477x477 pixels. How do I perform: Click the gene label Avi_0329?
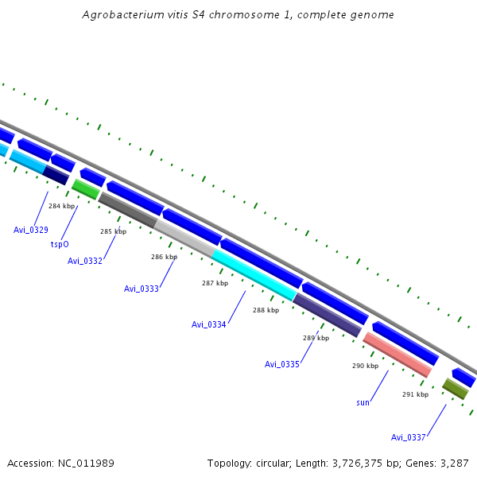coord(31,230)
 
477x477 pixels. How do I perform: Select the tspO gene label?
coord(60,245)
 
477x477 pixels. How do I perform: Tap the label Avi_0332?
coord(85,261)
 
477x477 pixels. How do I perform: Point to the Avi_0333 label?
coord(142,289)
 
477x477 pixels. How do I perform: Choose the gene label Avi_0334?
coord(209,324)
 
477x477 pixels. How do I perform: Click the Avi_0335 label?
coord(282,364)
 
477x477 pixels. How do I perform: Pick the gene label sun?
coord(363,402)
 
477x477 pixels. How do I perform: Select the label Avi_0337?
coord(409,437)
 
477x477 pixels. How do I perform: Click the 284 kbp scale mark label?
coord(61,206)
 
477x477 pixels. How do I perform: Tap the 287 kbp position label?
coord(215,283)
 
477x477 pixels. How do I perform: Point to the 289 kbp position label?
coord(316,338)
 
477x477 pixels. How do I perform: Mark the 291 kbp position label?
coord(415,394)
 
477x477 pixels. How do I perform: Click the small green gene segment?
coord(85,189)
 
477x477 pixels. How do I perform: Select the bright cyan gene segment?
coord(254,274)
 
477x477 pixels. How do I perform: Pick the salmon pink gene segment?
coord(397,355)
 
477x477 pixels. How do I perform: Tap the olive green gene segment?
coord(456,389)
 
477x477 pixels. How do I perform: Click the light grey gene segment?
coord(184,238)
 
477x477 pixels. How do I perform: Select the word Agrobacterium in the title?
coord(121,15)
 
